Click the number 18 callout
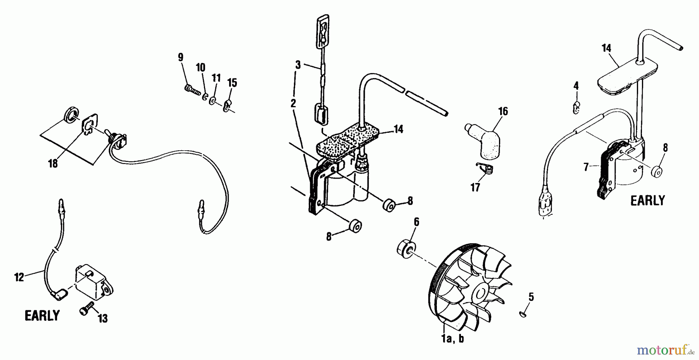coord(53,163)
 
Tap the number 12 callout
coord(19,277)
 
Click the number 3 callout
coord(298,64)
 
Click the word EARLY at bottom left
coord(42,315)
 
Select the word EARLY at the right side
coord(647,200)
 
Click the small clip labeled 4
coord(577,107)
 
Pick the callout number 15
coord(232,83)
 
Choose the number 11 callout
coord(216,78)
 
